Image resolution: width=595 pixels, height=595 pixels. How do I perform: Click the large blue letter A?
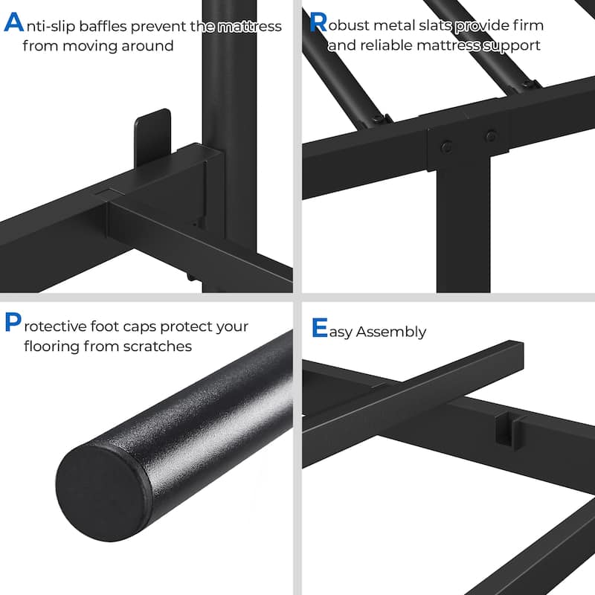pos(13,22)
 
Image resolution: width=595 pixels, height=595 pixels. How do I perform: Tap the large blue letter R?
pos(318,22)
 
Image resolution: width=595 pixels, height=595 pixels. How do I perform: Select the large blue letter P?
pos(13,322)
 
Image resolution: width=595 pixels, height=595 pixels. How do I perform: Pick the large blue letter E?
pos(320,327)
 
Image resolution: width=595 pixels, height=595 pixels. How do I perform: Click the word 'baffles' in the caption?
pos(103,26)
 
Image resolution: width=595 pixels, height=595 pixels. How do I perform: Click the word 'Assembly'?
pos(391,332)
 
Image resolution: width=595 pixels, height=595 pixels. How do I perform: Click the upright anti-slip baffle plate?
pos(152,138)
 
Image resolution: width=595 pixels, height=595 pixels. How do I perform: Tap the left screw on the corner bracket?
pos(446,146)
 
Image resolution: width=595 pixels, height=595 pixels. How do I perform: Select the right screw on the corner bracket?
pos(491,135)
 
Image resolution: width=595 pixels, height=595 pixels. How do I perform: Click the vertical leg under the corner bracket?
pos(463,226)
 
